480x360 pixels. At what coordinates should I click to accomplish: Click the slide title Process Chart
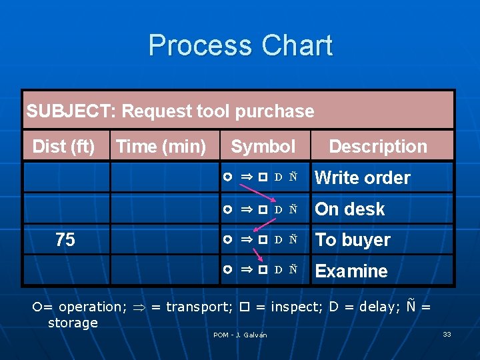[x=240, y=45]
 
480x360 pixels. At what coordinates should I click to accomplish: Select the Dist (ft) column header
[x=64, y=146]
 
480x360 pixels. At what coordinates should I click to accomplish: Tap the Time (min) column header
[x=161, y=146]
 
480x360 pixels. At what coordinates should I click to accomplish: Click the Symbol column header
[x=263, y=146]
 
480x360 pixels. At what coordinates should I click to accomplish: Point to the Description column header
[x=378, y=146]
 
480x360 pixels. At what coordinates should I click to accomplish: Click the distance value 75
[x=65, y=240]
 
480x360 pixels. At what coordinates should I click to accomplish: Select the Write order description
[x=362, y=178]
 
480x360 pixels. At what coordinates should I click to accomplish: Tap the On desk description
[x=349, y=209]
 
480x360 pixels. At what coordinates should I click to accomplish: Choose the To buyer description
[x=352, y=240]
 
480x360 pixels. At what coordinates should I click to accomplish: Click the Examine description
[x=351, y=271]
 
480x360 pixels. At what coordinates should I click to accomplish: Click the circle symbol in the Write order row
[x=228, y=177]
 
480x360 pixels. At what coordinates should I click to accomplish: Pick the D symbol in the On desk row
[x=279, y=209]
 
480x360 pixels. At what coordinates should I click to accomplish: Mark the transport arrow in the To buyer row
[x=247, y=239]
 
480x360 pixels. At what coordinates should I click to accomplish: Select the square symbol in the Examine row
[x=263, y=270]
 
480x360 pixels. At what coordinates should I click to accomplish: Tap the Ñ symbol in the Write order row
[x=293, y=177]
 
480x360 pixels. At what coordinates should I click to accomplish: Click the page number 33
[x=447, y=334]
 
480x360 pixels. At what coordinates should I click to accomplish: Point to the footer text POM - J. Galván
[x=240, y=335]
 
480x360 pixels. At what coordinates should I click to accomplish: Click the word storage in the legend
[x=73, y=323]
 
